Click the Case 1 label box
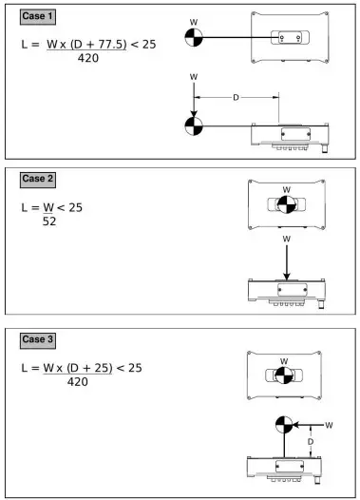pyautogui.click(x=38, y=16)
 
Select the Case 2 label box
pyautogui.click(x=37, y=178)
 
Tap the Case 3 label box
pyautogui.click(x=37, y=339)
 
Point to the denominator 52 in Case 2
pyautogui.click(x=49, y=221)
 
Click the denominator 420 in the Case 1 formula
pyautogui.click(x=90, y=59)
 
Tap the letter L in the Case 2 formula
pyautogui.click(x=24, y=207)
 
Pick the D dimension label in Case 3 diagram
pyautogui.click(x=311, y=442)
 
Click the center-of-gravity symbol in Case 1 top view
pyautogui.click(x=194, y=37)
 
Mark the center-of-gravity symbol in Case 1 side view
pyautogui.click(x=194, y=125)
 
